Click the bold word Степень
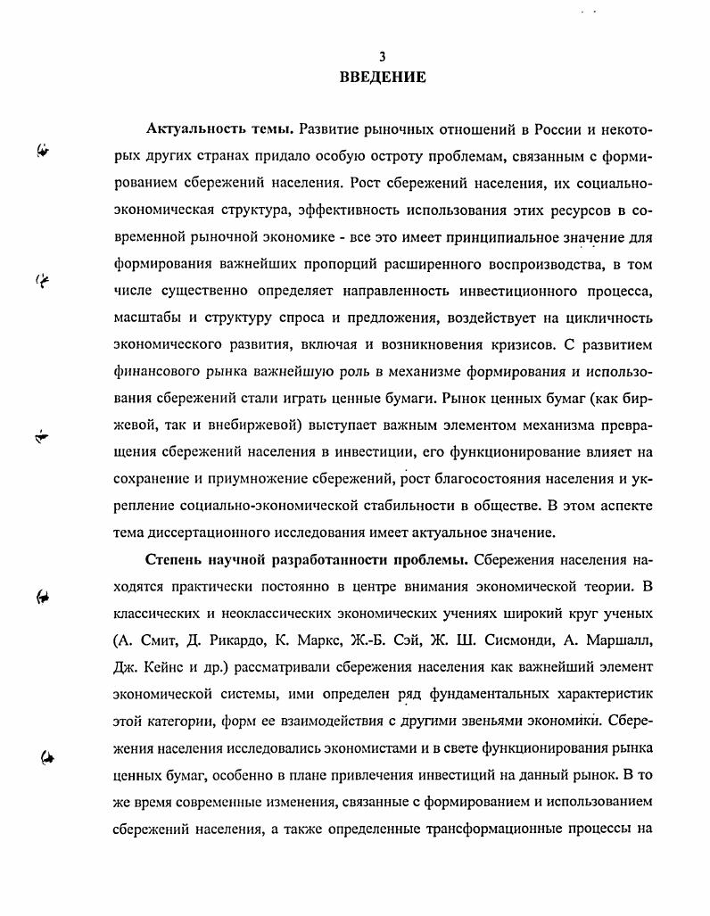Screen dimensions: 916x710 tap(178, 560)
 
